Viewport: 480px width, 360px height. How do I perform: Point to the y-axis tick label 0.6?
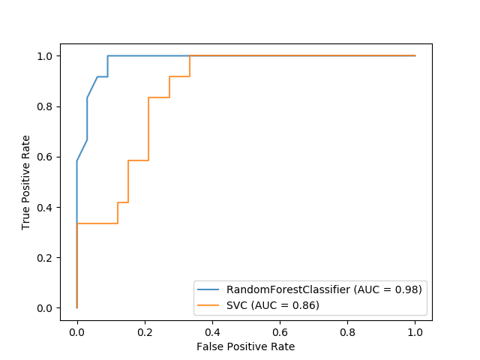click(x=46, y=157)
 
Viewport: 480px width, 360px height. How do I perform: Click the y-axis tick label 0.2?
click(x=46, y=257)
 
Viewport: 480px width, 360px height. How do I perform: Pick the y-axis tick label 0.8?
click(x=46, y=106)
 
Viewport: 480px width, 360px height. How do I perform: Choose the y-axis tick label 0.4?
click(x=46, y=207)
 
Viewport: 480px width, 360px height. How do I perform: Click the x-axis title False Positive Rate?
click(x=245, y=346)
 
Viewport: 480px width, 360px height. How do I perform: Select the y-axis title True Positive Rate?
click(x=25, y=182)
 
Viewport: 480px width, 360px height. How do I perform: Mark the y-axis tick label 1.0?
click(x=46, y=56)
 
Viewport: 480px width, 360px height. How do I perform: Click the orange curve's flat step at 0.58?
click(x=138, y=160)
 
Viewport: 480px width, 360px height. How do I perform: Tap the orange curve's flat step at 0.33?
click(x=97, y=223)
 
